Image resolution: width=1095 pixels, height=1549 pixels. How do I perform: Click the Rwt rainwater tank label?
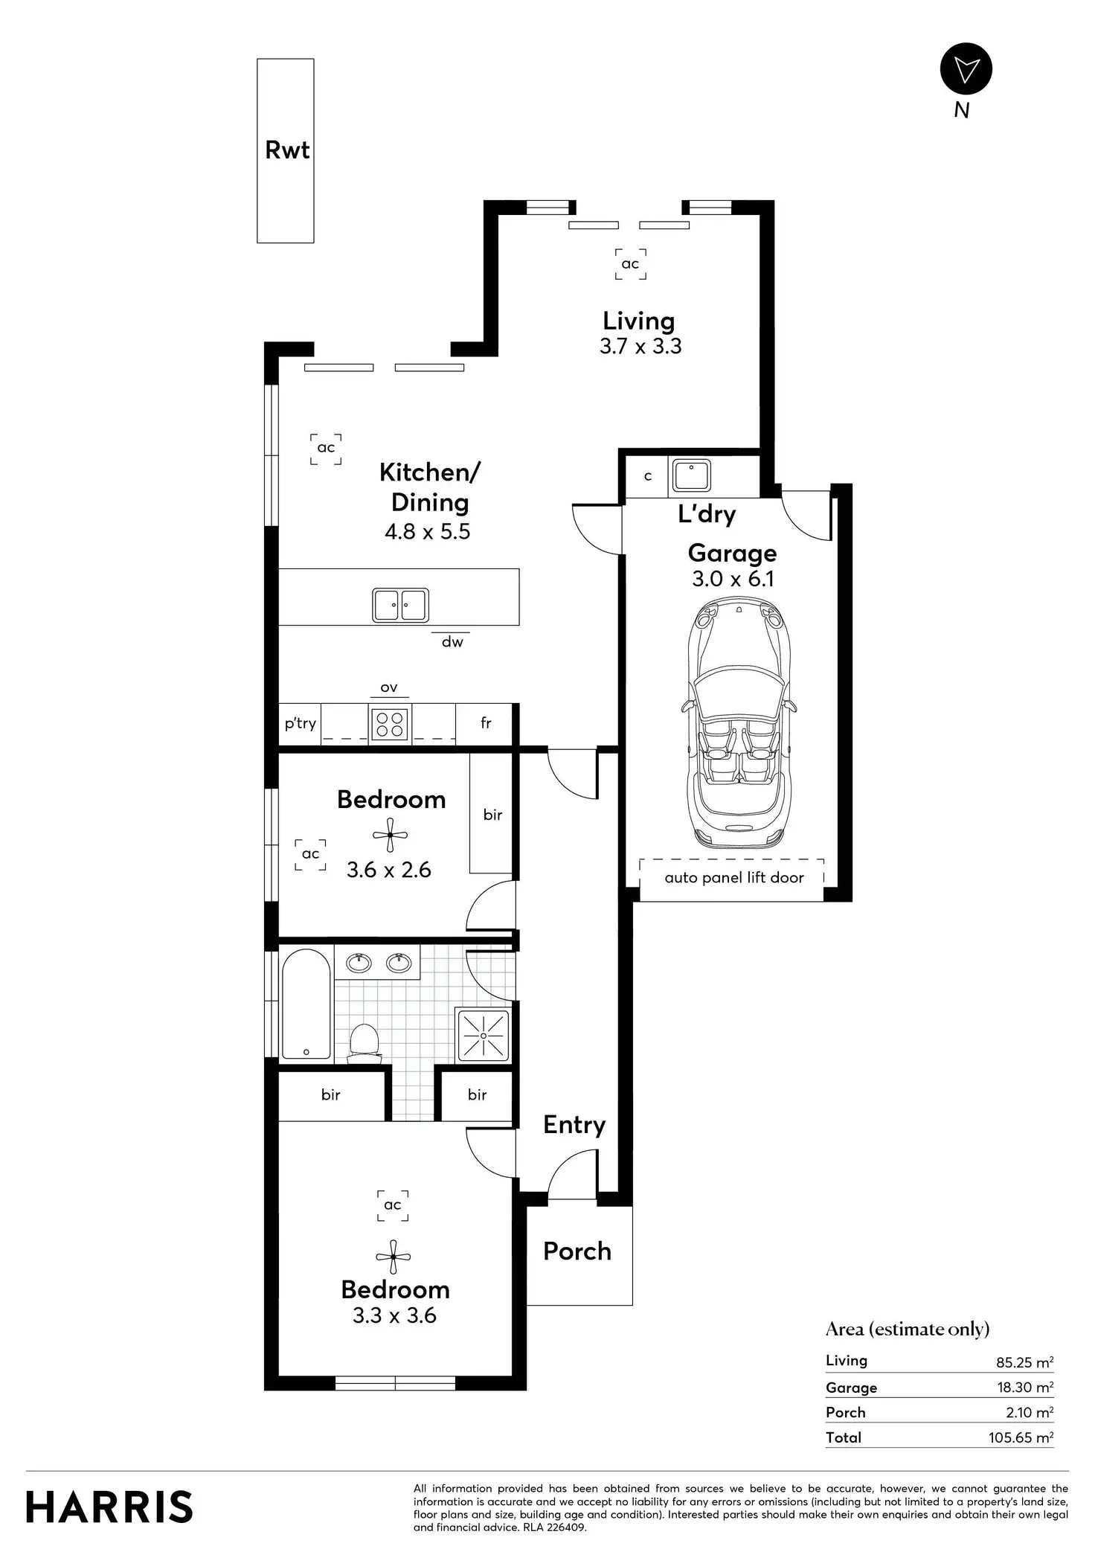pyautogui.click(x=287, y=150)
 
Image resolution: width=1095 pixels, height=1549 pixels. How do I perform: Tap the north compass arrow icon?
pyautogui.click(x=966, y=69)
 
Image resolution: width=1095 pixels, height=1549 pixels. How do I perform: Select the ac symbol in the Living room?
pyautogui.click(x=630, y=264)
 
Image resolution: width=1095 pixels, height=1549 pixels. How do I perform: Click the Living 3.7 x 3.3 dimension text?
pyautogui.click(x=640, y=347)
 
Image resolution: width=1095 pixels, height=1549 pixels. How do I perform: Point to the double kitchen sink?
pyautogui.click(x=400, y=605)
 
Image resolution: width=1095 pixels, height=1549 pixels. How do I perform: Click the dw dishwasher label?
pyautogui.click(x=452, y=642)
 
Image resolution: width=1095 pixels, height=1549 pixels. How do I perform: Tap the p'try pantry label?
pyautogui.click(x=301, y=723)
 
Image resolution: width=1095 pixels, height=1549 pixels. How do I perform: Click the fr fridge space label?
pyautogui.click(x=486, y=723)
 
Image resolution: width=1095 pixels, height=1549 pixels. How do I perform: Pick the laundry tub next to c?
pyautogui.click(x=691, y=476)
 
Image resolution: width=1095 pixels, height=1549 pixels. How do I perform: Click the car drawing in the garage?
pyautogui.click(x=737, y=725)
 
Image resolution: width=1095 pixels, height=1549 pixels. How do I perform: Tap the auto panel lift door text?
pyautogui.click(x=733, y=878)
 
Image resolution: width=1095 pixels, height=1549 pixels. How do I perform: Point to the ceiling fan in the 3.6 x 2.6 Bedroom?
pyautogui.click(x=391, y=836)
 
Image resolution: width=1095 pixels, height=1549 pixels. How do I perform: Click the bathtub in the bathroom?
pyautogui.click(x=306, y=1004)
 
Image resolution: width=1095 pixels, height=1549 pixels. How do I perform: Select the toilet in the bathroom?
pyautogui.click(x=365, y=1041)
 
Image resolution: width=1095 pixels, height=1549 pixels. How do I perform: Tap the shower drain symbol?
pyautogui.click(x=484, y=1036)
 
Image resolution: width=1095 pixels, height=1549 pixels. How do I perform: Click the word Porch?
pyautogui.click(x=577, y=1251)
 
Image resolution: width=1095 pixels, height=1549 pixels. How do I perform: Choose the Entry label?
pyautogui.click(x=574, y=1125)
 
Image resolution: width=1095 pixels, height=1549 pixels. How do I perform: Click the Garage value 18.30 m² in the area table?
pyautogui.click(x=1024, y=1388)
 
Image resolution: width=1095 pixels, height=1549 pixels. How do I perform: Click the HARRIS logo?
pyautogui.click(x=109, y=1507)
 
